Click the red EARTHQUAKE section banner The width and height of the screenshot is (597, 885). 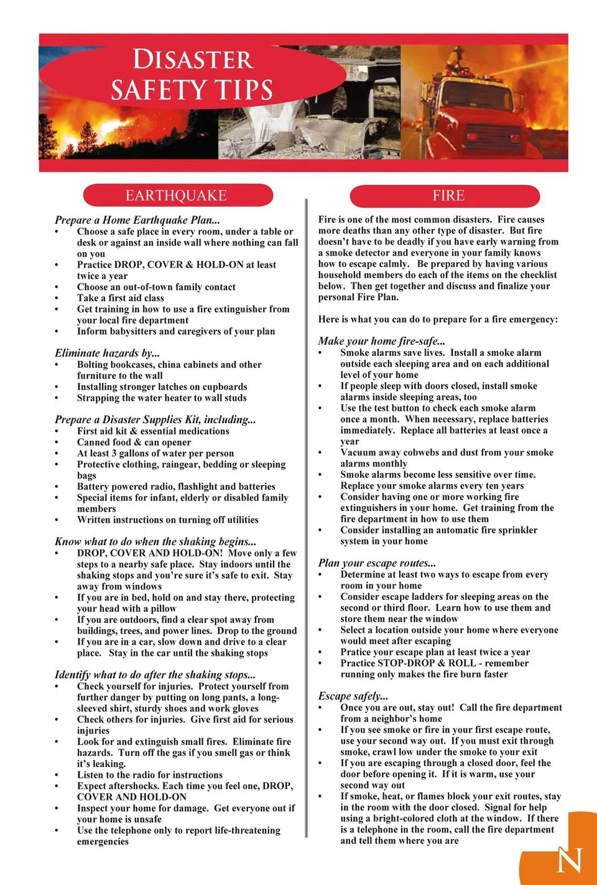coord(177,195)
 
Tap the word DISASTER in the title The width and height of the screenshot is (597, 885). coord(193,60)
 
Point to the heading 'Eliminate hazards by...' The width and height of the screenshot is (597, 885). coord(107,353)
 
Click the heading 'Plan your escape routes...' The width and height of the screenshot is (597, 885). coord(377,563)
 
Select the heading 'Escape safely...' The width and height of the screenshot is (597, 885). coord(353,696)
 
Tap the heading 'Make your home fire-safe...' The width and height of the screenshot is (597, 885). coord(381,340)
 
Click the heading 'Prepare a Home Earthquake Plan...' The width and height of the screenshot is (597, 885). coord(137,220)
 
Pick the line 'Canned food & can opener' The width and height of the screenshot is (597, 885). coord(134,442)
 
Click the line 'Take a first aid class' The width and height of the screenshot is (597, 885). coord(121,297)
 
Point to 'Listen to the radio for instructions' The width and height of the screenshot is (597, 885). coord(149,775)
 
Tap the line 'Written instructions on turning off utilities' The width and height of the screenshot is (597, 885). coord(167,520)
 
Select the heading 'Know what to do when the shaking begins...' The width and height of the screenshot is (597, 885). coord(155,541)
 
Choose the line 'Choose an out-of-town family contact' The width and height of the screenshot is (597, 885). coord(156,287)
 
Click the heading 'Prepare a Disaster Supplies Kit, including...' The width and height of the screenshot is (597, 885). coord(155,419)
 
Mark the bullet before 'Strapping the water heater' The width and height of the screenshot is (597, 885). coord(57,398)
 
